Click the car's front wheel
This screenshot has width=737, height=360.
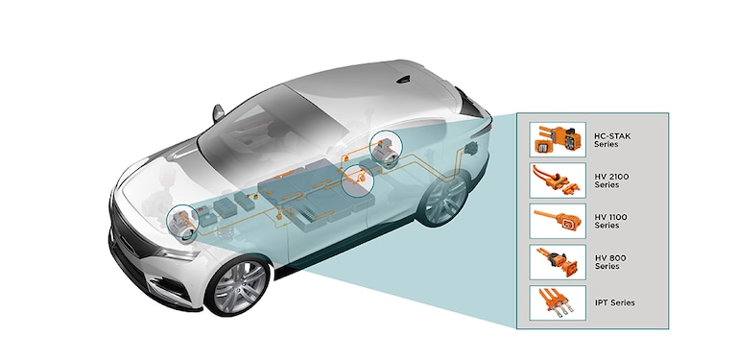click(235, 284)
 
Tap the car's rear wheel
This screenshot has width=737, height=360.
click(441, 200)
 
